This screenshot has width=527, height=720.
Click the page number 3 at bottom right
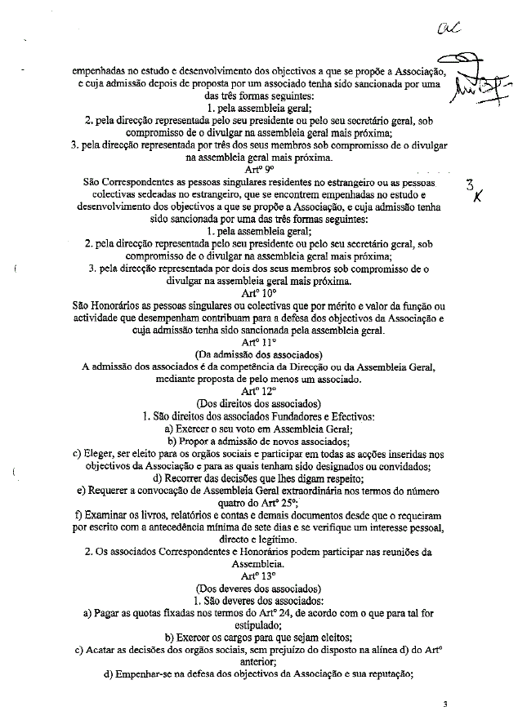[446, 704]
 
